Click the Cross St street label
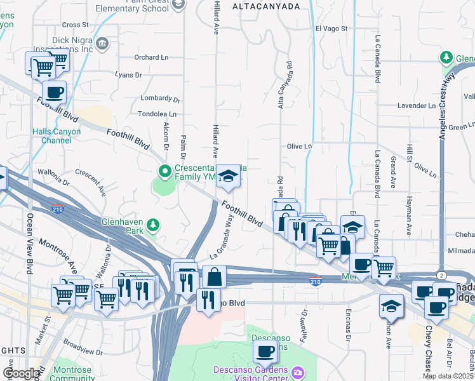tap(76, 25)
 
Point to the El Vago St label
tap(331, 29)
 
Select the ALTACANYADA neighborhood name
tap(266, 6)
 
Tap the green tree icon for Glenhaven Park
tap(152, 224)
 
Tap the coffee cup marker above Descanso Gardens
tap(265, 350)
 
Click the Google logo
tap(20, 373)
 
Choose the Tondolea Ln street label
tap(157, 114)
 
